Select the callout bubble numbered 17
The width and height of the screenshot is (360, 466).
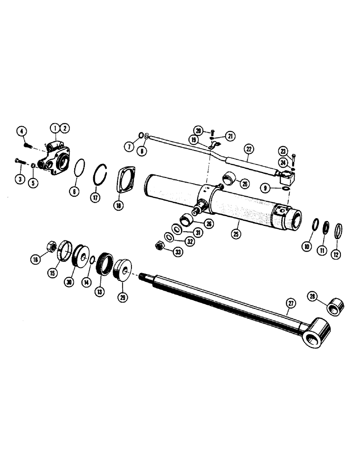[x=95, y=197]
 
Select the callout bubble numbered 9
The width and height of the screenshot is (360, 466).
[x=266, y=189]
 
